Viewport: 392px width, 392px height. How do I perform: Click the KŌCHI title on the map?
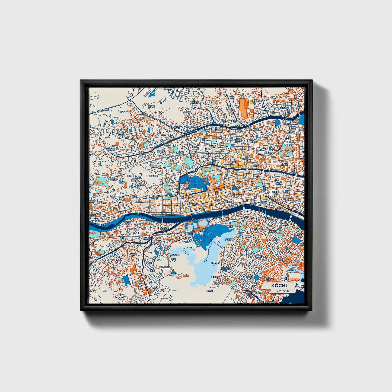click(x=279, y=286)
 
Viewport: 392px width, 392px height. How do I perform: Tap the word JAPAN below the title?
click(x=283, y=291)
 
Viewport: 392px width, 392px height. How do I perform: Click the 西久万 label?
click(x=151, y=106)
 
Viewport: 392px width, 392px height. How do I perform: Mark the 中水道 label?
click(x=212, y=146)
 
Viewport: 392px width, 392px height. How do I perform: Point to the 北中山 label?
click(x=210, y=291)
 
